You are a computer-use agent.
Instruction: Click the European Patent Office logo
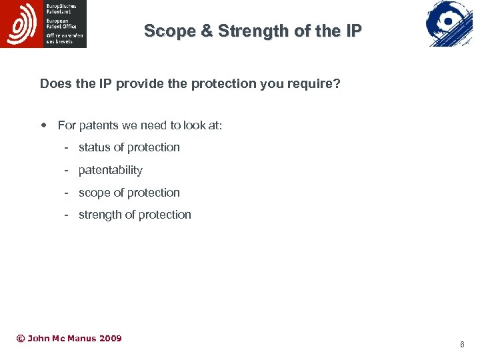tap(43, 24)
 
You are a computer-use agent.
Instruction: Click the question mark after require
tap(337, 84)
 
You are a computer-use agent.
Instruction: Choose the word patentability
tap(111, 170)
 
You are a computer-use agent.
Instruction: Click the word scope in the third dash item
tap(94, 193)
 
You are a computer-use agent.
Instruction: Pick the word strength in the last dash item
tap(99, 215)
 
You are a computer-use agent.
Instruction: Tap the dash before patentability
tap(67, 170)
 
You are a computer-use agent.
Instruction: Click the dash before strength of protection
tap(67, 215)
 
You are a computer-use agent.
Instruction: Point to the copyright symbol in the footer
tap(20, 339)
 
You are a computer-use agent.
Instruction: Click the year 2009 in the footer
tap(110, 339)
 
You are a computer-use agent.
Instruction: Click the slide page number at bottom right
tap(462, 345)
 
